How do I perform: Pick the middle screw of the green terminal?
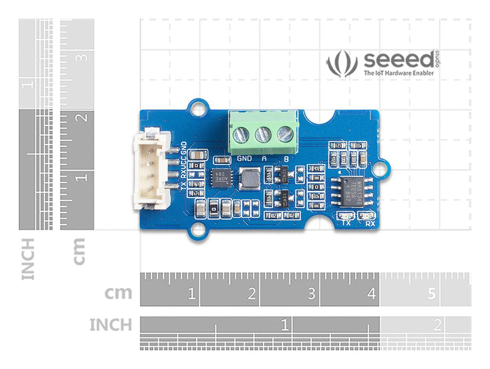(x=264, y=134)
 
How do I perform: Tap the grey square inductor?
(x=249, y=179)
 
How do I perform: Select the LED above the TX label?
(x=346, y=216)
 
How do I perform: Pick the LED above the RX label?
(x=368, y=216)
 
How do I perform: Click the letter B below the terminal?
(x=286, y=159)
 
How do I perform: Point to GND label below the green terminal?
(x=245, y=159)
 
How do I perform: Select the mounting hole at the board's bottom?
(x=197, y=231)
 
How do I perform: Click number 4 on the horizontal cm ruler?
(x=371, y=294)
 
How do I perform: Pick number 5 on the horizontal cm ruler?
(x=432, y=294)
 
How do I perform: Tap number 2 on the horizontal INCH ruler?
(x=437, y=326)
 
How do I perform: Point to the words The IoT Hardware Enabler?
(x=399, y=73)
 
